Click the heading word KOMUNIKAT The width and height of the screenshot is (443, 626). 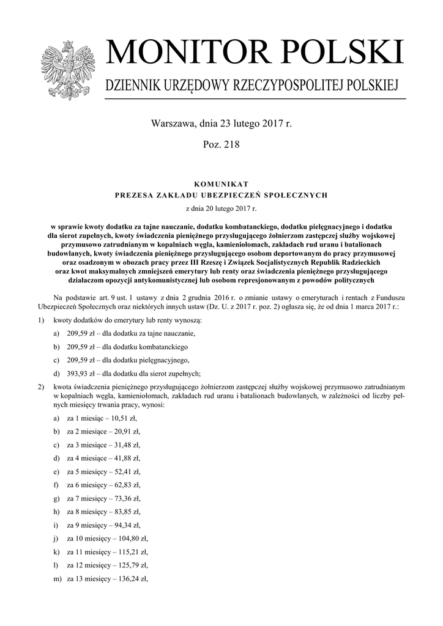point(221,183)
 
